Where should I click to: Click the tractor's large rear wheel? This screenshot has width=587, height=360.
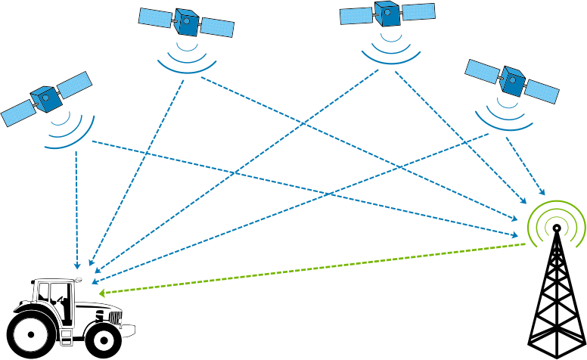[x=31, y=332]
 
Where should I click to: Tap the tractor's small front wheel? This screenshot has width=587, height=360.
[x=103, y=340]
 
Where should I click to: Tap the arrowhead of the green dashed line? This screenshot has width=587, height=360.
[x=101, y=293]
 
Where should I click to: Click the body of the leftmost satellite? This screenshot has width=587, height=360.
[x=47, y=98]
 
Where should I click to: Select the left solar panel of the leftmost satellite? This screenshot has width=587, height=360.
[x=17, y=114]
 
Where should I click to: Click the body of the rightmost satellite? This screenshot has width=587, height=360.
[x=512, y=81]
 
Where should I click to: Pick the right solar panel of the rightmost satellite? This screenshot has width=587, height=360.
[x=542, y=92]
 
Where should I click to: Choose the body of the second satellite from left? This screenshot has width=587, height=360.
[x=186, y=22]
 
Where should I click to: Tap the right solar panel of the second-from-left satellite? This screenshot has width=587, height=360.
[x=217, y=27]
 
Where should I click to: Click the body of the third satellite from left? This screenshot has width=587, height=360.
[x=387, y=14]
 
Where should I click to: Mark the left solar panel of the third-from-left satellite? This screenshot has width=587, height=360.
[x=356, y=16]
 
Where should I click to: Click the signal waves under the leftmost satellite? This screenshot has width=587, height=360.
[x=71, y=131]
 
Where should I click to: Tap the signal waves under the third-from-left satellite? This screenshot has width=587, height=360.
[x=390, y=52]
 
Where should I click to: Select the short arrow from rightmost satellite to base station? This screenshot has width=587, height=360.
[x=525, y=166]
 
